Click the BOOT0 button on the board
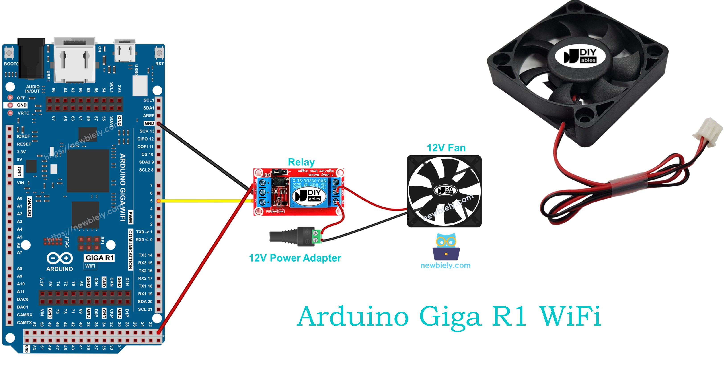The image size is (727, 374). click(x=9, y=53)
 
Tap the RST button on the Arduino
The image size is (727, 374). click(x=159, y=53)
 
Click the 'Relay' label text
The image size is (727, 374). click(x=301, y=162)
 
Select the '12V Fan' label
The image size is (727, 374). click(x=446, y=148)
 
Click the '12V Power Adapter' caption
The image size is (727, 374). click(x=295, y=258)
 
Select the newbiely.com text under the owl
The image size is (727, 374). click(x=445, y=265)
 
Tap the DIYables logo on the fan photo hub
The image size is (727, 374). click(x=580, y=56)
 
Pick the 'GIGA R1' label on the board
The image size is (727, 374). click(x=99, y=258)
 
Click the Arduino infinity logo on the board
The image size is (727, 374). click(x=60, y=258)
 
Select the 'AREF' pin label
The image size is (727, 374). click(x=148, y=116)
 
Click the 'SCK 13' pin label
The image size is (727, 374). click(x=147, y=131)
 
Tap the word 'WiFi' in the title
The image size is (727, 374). click(x=570, y=316)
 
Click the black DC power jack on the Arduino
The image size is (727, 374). click(x=31, y=58)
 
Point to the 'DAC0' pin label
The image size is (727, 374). click(x=23, y=299)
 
